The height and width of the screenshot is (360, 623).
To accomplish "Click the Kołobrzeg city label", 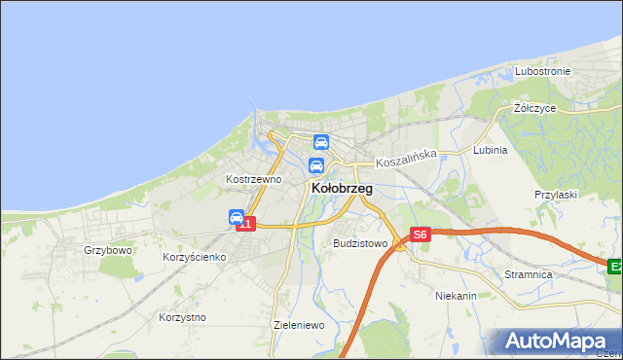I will pos(341,188).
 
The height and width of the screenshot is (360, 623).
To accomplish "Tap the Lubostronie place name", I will pos(542,72).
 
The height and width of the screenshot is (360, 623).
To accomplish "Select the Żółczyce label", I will pos(534,108).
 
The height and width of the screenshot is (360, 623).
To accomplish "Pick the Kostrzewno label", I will pos(253,179).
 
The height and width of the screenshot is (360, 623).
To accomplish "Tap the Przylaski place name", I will pos(556,195).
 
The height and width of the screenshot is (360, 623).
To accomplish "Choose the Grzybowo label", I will pos(107,250).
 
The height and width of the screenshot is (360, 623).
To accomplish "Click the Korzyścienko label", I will pos(194,257).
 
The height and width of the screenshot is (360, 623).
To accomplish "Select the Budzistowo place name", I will pos(360,243).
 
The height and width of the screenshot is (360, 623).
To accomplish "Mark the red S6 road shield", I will pos(420,234).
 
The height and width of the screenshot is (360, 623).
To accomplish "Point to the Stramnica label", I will pos(529,275).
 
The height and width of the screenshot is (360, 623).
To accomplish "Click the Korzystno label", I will pos(181,317).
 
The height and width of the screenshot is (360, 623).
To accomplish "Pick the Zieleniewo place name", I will pos(299,325).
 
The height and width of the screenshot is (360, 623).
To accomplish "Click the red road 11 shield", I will pos(247,225).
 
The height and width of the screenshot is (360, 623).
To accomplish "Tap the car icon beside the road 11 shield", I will pos(237,217).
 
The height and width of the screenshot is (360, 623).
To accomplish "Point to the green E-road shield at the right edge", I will pos(615,266).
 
